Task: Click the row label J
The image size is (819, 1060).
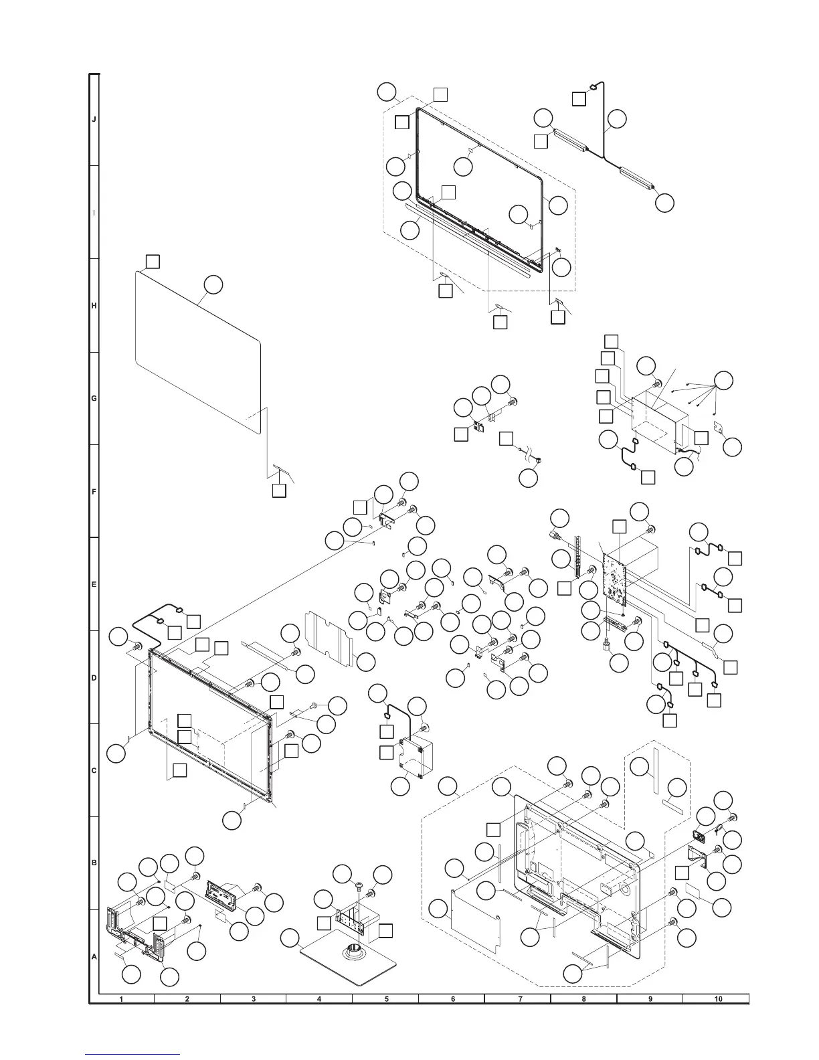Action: coord(94,120)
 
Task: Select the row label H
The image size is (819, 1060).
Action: coord(94,306)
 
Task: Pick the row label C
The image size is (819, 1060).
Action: coord(94,770)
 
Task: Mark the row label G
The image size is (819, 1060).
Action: coord(94,399)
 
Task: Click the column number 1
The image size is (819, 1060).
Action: coord(121,1000)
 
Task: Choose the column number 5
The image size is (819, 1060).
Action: coord(386,1000)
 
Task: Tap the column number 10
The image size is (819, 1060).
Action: coord(717,1000)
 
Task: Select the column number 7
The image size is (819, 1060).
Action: coord(519,1000)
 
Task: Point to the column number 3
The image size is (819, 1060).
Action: coord(254,1000)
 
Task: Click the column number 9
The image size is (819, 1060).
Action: coord(650,1000)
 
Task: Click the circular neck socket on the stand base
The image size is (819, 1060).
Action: coord(353,952)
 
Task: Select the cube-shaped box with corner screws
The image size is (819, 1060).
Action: coord(416,759)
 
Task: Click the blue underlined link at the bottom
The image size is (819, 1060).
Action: coord(133,1055)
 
